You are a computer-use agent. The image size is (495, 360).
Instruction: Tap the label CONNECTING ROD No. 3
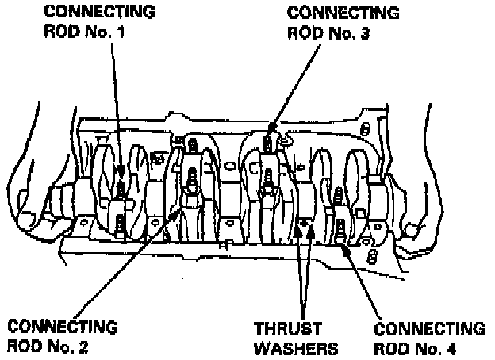(x=332, y=24)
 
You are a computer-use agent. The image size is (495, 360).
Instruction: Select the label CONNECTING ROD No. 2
(x=62, y=336)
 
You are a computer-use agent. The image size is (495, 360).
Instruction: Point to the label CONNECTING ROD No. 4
(x=428, y=338)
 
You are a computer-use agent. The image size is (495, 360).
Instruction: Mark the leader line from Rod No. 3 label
(x=301, y=79)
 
